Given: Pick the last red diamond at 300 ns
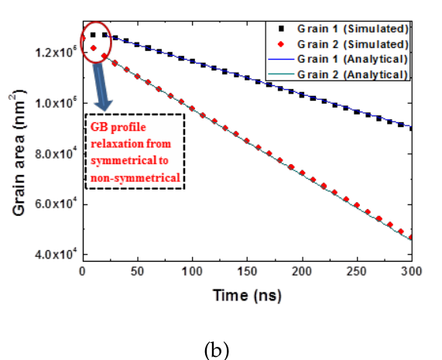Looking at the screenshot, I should click(410, 237).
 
